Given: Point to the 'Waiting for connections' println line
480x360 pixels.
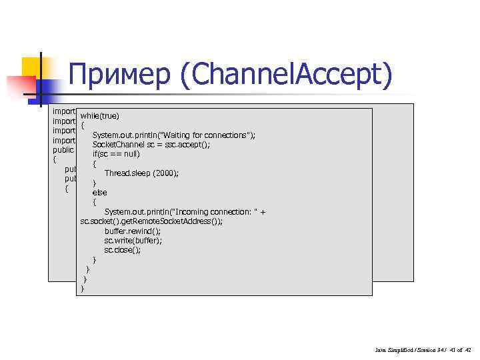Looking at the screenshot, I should click(x=174, y=135).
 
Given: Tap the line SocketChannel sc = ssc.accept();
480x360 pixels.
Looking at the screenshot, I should click(x=151, y=145).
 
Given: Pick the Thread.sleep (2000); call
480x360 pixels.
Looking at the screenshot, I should click(x=141, y=173).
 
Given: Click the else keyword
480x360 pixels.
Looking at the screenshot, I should click(x=99, y=193).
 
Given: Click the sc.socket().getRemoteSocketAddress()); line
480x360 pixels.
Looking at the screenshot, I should click(x=157, y=221).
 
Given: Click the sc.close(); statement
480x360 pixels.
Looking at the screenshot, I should click(x=123, y=250).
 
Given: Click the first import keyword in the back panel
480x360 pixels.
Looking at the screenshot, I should click(x=64, y=111).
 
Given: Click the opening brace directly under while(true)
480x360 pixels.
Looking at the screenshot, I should click(x=82, y=126).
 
